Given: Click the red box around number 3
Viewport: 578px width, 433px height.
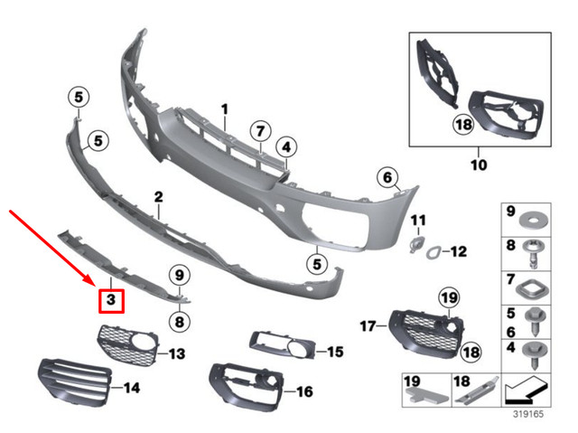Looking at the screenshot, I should click(110, 299).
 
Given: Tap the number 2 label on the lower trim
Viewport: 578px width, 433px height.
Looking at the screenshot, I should click(158, 196).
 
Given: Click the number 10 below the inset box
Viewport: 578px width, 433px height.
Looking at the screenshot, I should click(479, 165).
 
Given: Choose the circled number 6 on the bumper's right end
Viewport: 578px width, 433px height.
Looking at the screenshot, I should click(388, 179).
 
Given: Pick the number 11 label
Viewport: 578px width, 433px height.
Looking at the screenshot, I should click(417, 221).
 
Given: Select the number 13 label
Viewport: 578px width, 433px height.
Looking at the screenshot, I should click(177, 352).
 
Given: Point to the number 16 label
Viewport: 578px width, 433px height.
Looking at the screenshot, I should click(303, 391).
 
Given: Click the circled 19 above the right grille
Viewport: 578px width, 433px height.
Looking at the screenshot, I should click(449, 297).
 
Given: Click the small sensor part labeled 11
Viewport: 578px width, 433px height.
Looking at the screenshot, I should click(416, 244).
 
